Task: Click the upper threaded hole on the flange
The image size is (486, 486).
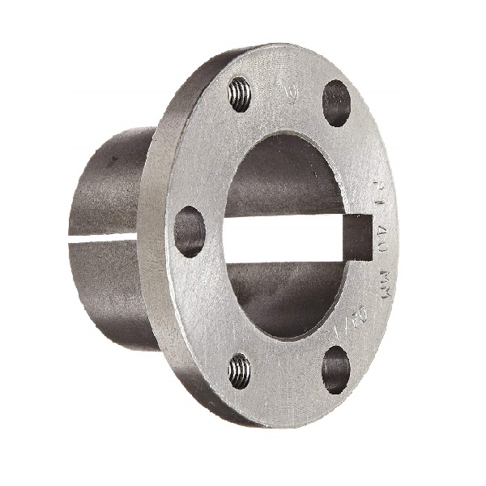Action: [239, 95]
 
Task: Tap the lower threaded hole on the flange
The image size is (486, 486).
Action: [238, 371]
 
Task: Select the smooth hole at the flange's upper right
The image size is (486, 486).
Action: [336, 103]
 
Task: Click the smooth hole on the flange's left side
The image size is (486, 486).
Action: [190, 232]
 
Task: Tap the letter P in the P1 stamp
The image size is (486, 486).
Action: [378, 185]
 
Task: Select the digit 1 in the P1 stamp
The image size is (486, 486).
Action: [379, 202]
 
